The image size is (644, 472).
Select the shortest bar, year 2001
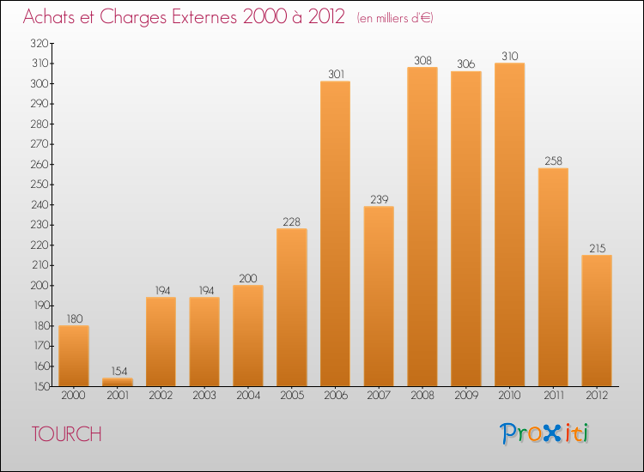pyautogui.click(x=118, y=382)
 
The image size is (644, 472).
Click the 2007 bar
pyautogui.click(x=379, y=296)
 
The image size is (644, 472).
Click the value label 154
pyautogui.click(x=118, y=371)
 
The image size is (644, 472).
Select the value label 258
pyautogui.click(x=553, y=160)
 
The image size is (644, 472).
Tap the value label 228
pyautogui.click(x=292, y=221)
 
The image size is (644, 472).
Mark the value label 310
pyautogui.click(x=509, y=56)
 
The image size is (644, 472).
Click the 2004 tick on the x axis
pyautogui.click(x=248, y=396)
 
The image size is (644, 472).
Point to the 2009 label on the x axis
pyautogui.click(x=465, y=396)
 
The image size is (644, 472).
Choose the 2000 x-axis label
pyautogui.click(x=74, y=396)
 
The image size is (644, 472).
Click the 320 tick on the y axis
pyautogui.click(x=39, y=43)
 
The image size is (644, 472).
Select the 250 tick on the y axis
pyautogui.click(x=39, y=185)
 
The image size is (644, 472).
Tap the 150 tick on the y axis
pyautogui.click(x=39, y=386)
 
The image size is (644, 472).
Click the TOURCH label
pyautogui.click(x=66, y=434)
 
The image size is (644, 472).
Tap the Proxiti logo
pyautogui.click(x=544, y=433)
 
